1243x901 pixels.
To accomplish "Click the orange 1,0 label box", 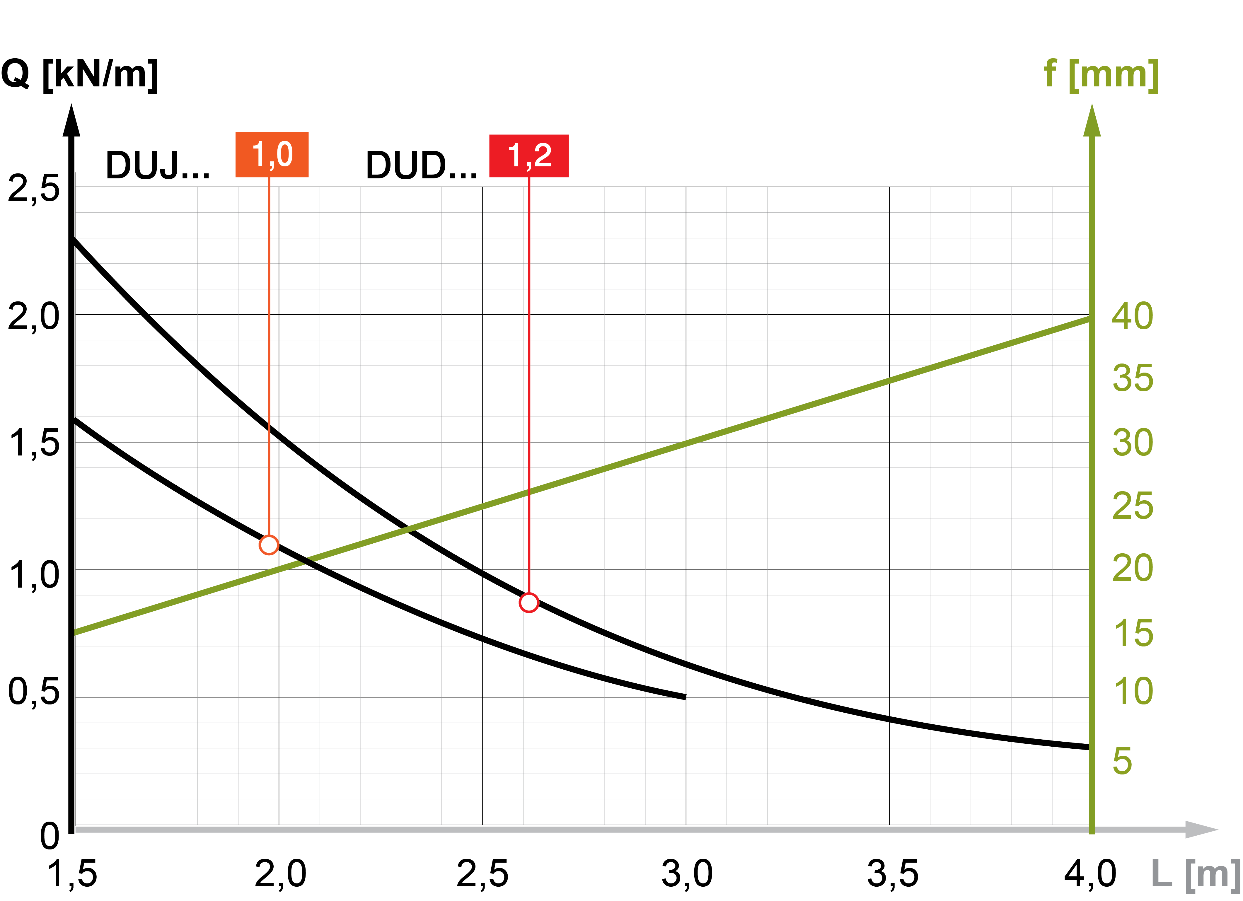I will pyautogui.click(x=272, y=155).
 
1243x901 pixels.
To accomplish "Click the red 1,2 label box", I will pyautogui.click(x=529, y=156).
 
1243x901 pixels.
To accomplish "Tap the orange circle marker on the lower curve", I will pyautogui.click(x=269, y=545).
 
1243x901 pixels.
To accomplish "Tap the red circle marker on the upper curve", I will pyautogui.click(x=529, y=602).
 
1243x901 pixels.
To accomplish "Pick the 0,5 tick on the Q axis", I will pyautogui.click(x=33, y=692).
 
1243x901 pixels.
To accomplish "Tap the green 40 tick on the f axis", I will pyautogui.click(x=1132, y=316).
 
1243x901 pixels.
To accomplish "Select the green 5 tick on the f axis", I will pyautogui.click(x=1122, y=761).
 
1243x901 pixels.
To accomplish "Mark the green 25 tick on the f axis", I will pyautogui.click(x=1132, y=506).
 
